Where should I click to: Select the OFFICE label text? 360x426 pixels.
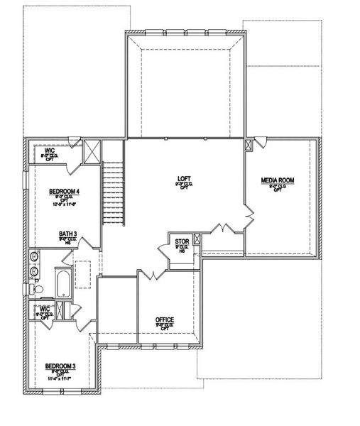pos(165,319)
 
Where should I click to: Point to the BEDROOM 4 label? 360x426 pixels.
pos(65,192)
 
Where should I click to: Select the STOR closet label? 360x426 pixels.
pos(182,243)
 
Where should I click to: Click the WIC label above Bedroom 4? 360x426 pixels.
pos(50,151)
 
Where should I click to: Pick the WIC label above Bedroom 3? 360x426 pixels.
pos(44,309)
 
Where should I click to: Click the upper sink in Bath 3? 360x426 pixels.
pos(35,256)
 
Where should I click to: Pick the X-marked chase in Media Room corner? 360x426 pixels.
pos(249,144)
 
